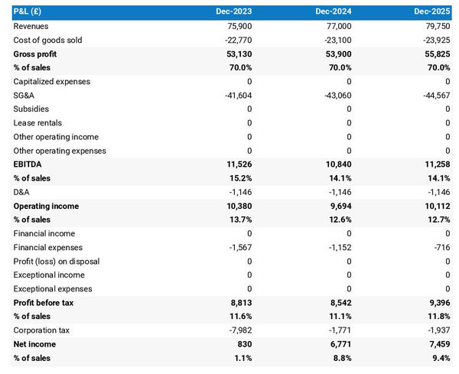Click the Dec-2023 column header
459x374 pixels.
point(235,12)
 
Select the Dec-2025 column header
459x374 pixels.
point(433,12)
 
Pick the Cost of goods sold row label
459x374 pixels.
point(47,40)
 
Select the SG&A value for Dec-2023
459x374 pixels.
point(235,96)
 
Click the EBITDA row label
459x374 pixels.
point(28,164)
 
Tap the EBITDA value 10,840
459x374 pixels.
point(336,164)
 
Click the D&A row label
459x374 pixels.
point(23,192)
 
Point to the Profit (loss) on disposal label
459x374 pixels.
point(57,261)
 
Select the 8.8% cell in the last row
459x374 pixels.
point(339,357)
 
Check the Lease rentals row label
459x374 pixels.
point(37,123)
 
